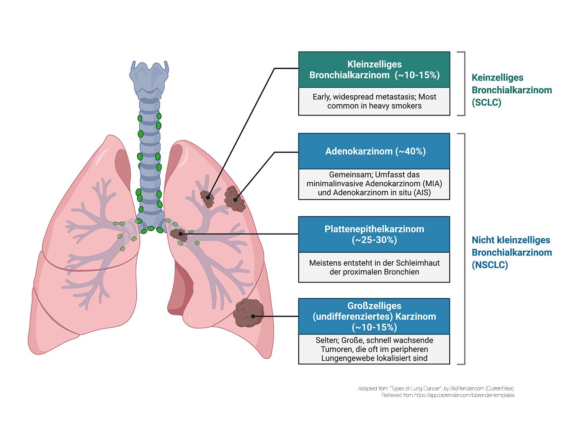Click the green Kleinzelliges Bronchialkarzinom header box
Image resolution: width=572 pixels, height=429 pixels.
coord(374,70)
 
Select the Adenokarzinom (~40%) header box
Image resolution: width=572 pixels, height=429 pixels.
coord(374,151)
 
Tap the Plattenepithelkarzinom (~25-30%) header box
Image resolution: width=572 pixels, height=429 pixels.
coord(374,234)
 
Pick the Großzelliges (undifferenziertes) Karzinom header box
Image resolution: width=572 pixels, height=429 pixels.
coord(374,316)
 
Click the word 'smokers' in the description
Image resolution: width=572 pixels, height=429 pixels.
coord(408,106)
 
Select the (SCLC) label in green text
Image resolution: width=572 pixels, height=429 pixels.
coord(487,102)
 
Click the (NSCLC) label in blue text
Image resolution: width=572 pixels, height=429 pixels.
coord(490,265)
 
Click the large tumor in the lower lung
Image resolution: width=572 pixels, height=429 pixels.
coord(248,313)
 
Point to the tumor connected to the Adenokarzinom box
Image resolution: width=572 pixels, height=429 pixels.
coord(234,199)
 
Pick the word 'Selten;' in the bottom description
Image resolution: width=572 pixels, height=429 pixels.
coord(328,340)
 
